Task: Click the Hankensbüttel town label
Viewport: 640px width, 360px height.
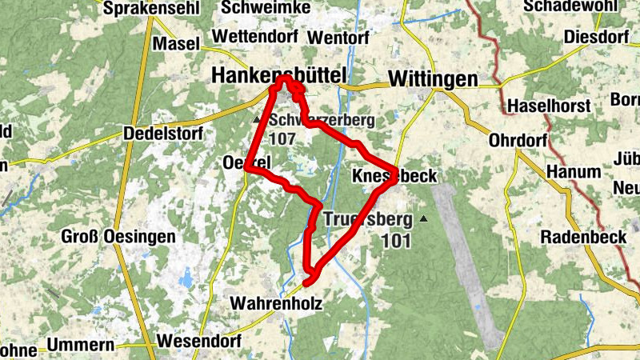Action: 279,75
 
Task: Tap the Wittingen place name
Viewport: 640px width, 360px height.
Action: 432,78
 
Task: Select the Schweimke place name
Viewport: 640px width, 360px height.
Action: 257,7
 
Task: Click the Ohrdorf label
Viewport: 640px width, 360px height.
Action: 518,141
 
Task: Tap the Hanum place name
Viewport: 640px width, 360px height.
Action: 573,171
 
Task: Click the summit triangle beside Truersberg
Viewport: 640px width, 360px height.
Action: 424,218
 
